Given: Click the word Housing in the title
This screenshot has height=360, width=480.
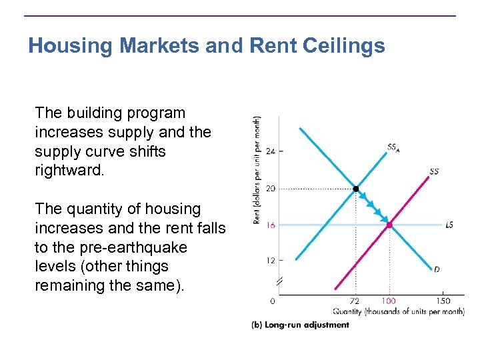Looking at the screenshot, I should [x=72, y=45].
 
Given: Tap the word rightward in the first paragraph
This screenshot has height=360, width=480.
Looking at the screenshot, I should [x=69, y=170].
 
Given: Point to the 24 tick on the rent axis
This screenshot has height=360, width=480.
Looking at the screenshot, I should [x=270, y=151].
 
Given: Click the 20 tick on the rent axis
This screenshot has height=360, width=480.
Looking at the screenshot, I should [x=270, y=189].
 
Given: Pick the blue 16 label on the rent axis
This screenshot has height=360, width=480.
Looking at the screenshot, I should [x=270, y=225].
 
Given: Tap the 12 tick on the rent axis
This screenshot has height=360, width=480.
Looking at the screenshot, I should [x=270, y=260].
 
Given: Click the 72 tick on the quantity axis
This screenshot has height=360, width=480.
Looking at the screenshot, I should [x=355, y=301].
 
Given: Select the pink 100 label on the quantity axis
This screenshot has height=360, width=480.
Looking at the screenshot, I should [x=389, y=301].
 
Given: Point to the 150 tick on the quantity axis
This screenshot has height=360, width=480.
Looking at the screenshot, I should [x=443, y=301].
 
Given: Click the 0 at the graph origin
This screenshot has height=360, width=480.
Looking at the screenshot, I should [x=272, y=301].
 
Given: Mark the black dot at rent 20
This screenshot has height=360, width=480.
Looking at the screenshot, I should [x=355, y=189].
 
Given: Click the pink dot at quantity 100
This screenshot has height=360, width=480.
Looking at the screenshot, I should [x=389, y=225].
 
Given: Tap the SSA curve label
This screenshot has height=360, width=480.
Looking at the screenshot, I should [x=393, y=147].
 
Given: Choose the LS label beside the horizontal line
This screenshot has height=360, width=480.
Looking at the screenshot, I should [x=449, y=225].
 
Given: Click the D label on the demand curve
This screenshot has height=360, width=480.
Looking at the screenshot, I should [x=437, y=269].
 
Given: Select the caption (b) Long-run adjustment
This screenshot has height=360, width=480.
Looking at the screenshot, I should [x=300, y=325].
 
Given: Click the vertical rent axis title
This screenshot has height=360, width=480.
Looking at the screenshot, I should [x=257, y=170].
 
